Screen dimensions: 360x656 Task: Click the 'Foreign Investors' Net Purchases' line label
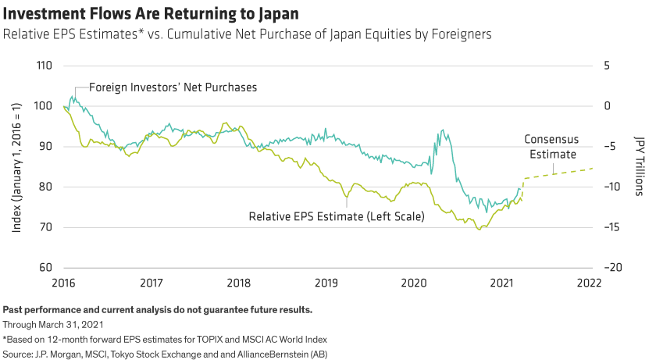click(173, 87)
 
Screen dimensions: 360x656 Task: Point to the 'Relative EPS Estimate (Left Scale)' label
click(336, 216)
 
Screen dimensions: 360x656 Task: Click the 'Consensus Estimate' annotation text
click(551, 147)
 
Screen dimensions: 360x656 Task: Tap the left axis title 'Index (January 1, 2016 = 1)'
click(17, 166)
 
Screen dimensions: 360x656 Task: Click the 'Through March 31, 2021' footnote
click(52, 323)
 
